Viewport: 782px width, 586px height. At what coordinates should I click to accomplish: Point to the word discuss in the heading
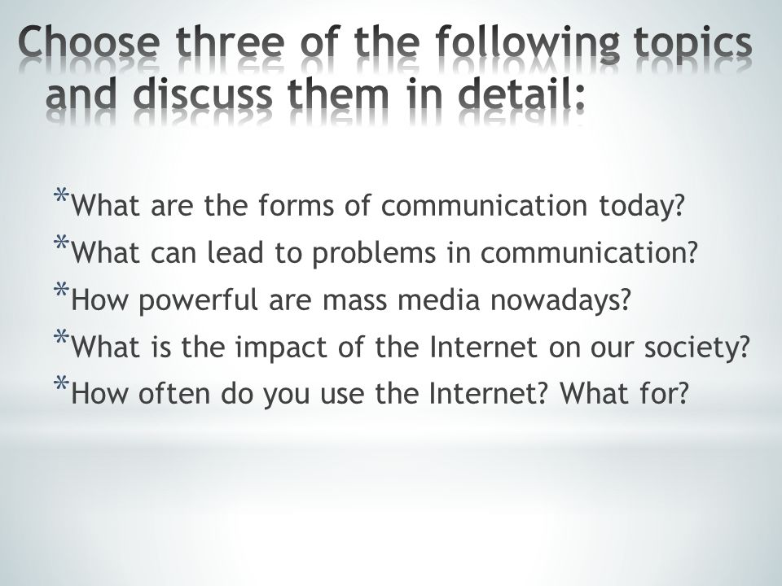204,94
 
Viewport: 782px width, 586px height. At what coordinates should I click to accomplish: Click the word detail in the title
515,94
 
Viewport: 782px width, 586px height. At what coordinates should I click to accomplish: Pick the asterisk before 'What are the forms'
61,195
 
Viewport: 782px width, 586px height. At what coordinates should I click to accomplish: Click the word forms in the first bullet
296,205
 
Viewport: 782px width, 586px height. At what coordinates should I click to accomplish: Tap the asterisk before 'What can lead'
61,243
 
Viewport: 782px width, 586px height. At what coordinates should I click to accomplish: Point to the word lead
235,252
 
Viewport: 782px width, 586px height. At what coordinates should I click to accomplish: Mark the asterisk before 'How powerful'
61,290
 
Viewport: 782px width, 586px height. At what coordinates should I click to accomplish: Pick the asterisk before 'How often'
61,383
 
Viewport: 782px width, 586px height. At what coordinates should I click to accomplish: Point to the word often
174,394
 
